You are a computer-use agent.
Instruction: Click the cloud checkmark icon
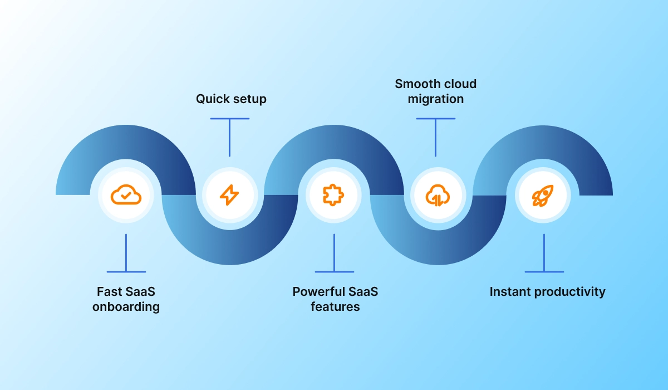(x=126, y=195)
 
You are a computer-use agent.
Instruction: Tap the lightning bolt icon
(x=229, y=195)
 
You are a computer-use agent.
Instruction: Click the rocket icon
(x=542, y=195)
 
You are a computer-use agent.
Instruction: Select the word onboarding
(x=126, y=307)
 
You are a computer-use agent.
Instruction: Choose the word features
(x=335, y=306)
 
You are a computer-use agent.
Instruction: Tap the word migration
(x=436, y=99)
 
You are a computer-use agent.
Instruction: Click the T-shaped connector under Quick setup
(x=229, y=136)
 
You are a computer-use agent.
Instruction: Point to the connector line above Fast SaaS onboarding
(x=126, y=253)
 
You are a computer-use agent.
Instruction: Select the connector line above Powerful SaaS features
(x=334, y=253)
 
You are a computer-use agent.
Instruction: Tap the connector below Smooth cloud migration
(x=435, y=136)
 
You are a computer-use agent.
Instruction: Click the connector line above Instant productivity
(x=544, y=253)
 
